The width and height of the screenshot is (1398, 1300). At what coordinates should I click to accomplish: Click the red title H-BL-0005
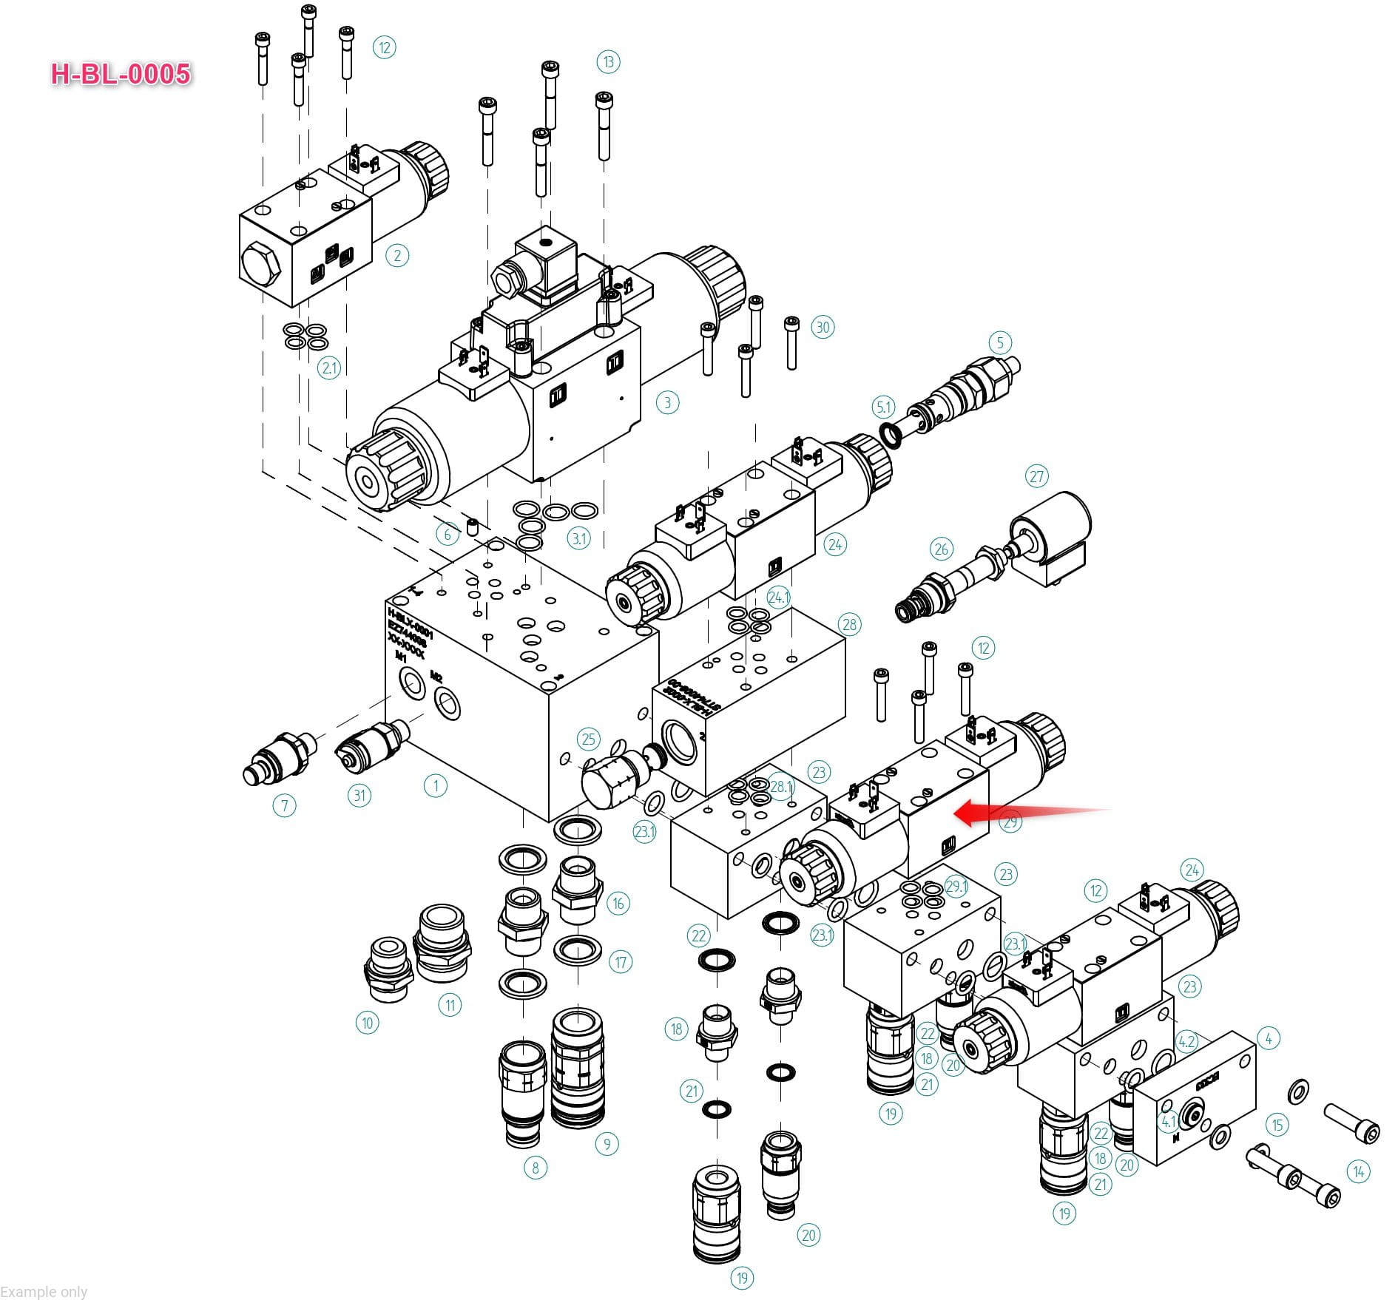click(x=121, y=74)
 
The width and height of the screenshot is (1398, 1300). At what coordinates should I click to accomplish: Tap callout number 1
click(x=435, y=786)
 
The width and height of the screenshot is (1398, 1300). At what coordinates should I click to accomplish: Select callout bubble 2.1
click(x=329, y=368)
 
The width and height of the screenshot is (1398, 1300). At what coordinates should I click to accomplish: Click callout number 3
click(x=667, y=402)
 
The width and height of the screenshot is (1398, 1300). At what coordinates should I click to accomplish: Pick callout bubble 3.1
click(x=579, y=538)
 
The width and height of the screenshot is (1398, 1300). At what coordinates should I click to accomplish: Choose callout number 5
click(x=1000, y=342)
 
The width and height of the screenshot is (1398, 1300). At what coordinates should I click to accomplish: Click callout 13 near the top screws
click(x=608, y=62)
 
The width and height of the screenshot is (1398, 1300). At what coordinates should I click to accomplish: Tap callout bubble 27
click(x=1037, y=476)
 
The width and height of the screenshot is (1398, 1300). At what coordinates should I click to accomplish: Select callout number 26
click(x=941, y=549)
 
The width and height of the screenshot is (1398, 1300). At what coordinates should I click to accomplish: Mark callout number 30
click(x=823, y=327)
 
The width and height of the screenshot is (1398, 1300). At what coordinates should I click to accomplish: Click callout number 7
click(x=284, y=805)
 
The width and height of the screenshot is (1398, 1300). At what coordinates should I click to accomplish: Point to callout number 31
click(x=359, y=795)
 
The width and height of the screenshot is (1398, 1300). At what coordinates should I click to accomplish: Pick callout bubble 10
click(x=368, y=1023)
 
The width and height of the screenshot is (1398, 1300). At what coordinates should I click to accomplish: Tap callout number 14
click(x=1358, y=1171)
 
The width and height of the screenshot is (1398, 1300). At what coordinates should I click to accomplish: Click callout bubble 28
click(x=849, y=624)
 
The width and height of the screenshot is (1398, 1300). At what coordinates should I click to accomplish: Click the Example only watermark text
click(x=44, y=1291)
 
